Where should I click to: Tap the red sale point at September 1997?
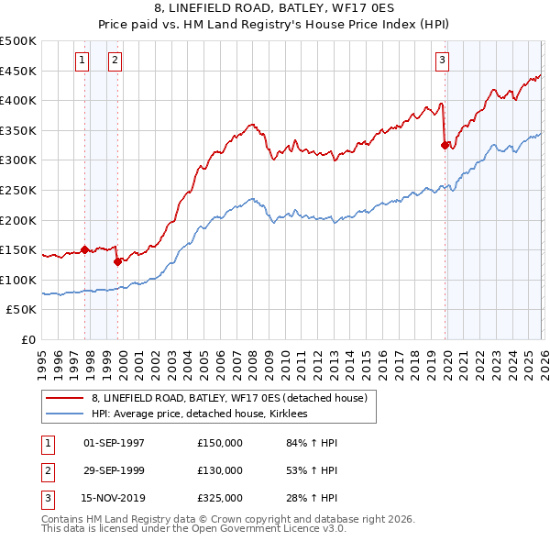85,248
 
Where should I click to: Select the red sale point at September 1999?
118,261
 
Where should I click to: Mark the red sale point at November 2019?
445,145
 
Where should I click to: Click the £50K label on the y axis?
22,310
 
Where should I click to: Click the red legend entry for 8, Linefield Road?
229,398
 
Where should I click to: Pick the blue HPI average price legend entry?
199,414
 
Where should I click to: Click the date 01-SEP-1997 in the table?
114,443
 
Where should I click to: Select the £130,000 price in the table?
220,470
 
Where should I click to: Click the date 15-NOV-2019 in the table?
115,498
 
